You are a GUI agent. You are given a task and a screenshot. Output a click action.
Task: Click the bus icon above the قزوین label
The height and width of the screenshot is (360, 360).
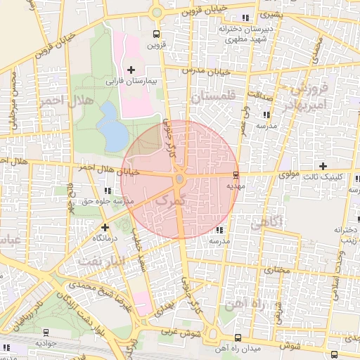(155, 33)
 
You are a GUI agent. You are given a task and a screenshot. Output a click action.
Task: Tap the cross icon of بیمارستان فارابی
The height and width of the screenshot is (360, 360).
(131, 69)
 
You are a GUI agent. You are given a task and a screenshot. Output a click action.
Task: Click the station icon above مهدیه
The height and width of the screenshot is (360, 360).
(235, 175)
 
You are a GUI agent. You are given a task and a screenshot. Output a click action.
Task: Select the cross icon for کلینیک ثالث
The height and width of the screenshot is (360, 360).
(322, 167)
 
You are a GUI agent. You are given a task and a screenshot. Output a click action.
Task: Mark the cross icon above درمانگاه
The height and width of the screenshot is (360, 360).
(105, 227)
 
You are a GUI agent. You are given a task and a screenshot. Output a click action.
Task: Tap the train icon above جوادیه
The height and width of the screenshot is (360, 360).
(46, 332)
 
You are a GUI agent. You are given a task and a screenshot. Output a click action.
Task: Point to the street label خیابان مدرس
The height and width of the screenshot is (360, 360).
(207, 71)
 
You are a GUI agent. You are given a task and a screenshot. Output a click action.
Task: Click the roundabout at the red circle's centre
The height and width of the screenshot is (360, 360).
(179, 179)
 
